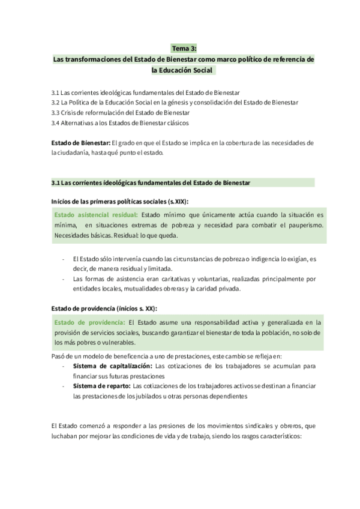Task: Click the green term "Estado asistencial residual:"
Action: tap(96, 214)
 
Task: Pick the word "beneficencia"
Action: tap(118, 355)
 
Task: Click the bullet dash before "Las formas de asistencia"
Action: tap(64, 279)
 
